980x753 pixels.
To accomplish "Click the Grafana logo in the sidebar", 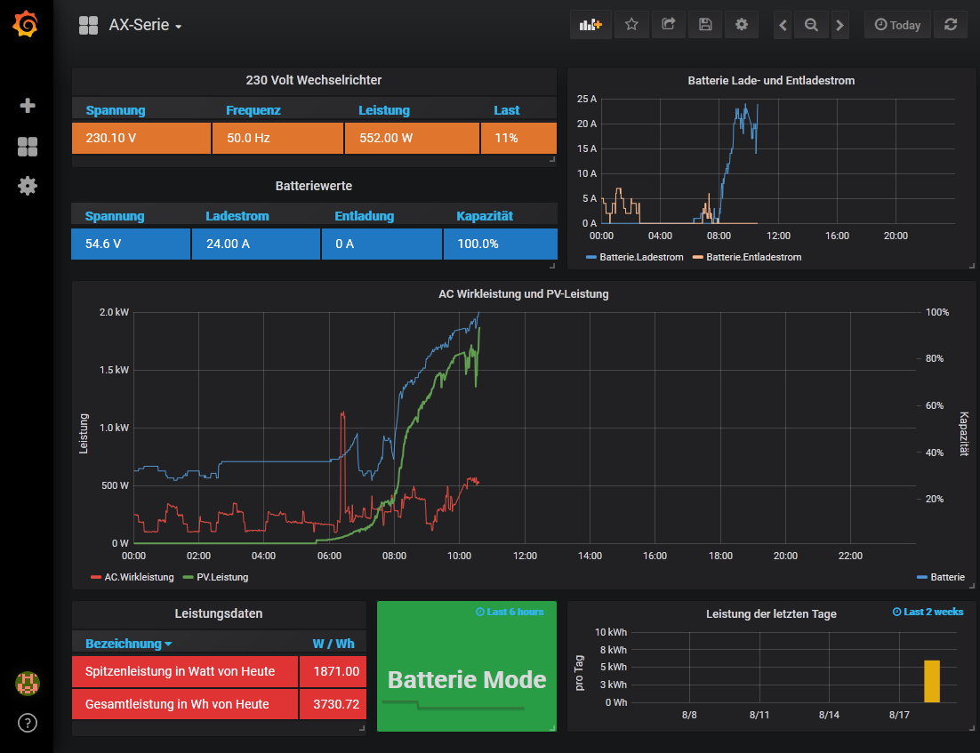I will tap(26, 24).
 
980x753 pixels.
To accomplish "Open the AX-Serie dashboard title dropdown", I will tap(145, 25).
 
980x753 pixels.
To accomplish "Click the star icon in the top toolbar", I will tap(631, 25).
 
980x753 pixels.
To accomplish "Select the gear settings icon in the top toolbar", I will tap(741, 25).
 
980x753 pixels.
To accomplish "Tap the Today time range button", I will tap(897, 25).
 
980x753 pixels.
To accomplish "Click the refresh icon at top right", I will tap(951, 25).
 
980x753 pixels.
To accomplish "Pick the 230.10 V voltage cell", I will tap(141, 139).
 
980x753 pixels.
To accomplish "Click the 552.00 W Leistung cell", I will tap(411, 139).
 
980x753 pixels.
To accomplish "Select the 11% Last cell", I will tap(518, 139).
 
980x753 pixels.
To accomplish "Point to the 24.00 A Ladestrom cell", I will tap(255, 244).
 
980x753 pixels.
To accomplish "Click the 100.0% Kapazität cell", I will tap(500, 244).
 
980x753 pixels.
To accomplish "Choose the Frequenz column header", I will tap(253, 110).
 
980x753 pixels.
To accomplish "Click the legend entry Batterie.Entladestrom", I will tap(753, 257).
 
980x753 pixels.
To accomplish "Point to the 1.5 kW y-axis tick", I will tap(113, 370).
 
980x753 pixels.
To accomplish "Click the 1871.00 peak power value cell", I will tap(333, 671).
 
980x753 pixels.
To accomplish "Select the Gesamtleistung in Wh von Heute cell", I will tap(184, 704).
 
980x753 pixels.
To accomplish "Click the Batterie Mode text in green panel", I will tap(467, 680).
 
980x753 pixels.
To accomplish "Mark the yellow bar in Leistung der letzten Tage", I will tap(931, 681).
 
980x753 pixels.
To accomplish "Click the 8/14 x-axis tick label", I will tap(829, 715).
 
